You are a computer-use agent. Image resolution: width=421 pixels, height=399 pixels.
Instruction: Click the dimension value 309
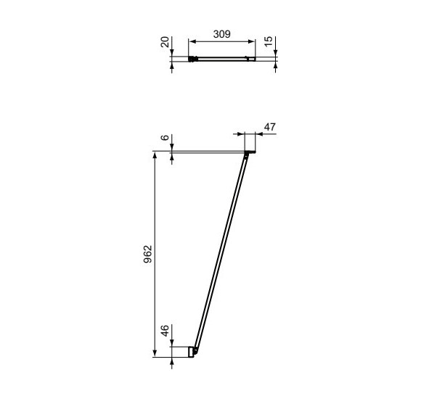click(221, 33)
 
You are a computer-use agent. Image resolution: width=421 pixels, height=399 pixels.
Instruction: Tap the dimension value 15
click(269, 42)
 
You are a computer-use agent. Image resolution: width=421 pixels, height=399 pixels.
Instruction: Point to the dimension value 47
click(269, 127)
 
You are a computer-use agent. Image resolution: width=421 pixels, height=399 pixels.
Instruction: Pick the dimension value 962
click(147, 253)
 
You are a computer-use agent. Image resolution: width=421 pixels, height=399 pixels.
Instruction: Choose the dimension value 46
click(165, 332)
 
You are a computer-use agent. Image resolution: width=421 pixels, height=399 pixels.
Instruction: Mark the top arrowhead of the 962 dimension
click(155, 155)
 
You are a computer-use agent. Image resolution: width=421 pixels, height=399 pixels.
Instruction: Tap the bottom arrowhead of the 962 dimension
click(155, 353)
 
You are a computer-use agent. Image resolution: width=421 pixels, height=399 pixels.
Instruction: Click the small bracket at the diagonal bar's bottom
click(193, 351)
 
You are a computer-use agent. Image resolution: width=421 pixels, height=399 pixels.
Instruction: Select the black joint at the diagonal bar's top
click(248, 153)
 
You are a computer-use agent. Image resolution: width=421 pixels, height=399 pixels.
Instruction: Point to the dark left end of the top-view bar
click(192, 59)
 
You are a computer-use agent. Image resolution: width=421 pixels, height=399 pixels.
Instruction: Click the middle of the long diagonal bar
click(221, 252)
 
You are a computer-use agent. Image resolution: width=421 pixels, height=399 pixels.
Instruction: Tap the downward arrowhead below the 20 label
click(173, 55)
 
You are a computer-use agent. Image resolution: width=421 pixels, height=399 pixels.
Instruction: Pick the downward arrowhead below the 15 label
click(276, 55)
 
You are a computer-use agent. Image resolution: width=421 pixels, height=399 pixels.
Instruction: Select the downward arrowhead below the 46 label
click(173, 344)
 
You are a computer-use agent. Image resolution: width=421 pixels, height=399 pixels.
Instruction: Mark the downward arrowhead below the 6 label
click(173, 149)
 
